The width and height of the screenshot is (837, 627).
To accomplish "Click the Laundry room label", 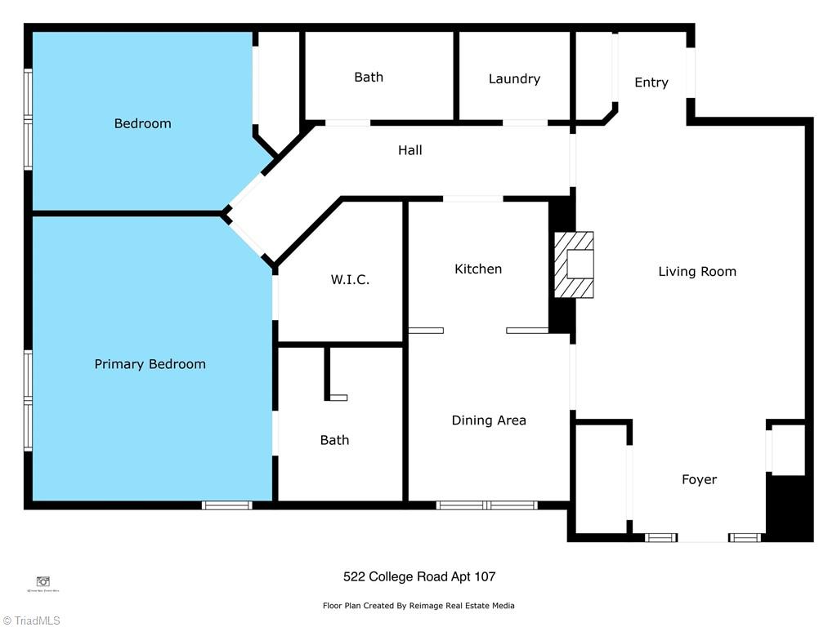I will (x=514, y=79).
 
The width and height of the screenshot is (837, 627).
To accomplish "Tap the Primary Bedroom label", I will (x=150, y=364).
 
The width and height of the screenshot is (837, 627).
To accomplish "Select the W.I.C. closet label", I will (x=350, y=280).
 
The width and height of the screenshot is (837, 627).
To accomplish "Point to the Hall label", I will (x=410, y=150).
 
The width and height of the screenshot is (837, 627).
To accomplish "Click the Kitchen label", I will (x=478, y=269).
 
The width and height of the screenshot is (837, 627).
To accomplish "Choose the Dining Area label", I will (x=489, y=420).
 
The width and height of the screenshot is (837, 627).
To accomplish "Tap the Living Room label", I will (x=697, y=272).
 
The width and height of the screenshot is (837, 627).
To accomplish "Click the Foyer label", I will (x=699, y=480).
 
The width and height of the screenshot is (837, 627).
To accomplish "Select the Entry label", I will (x=651, y=82).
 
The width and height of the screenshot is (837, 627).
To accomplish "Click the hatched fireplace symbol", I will (x=575, y=265).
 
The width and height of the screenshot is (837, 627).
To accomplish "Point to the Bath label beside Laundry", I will (x=369, y=78).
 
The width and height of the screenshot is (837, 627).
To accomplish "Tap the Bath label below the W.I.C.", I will (x=334, y=441).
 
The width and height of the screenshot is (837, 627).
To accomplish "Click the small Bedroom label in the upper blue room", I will (x=142, y=124).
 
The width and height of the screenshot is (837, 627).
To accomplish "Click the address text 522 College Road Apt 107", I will (x=418, y=577).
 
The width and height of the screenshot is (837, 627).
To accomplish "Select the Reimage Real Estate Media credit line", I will (x=418, y=606).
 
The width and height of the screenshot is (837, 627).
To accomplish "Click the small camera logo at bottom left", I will (x=43, y=581).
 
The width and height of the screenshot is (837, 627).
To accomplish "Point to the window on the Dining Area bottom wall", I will (x=486, y=505).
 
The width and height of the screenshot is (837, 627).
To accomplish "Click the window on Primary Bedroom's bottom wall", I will (x=227, y=505).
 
